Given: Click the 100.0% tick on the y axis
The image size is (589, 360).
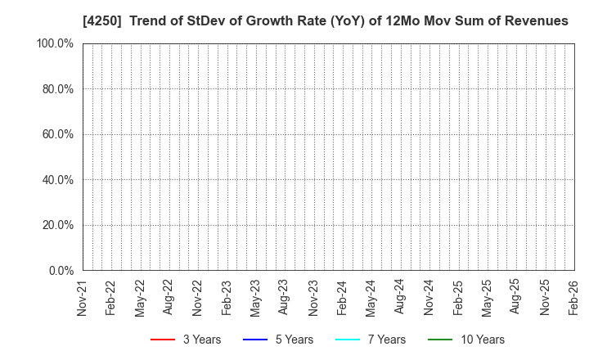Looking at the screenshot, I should tap(55, 43).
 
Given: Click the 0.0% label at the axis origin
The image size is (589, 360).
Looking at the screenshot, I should tap(60, 270).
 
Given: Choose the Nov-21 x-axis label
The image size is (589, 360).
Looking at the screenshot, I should tap(82, 297).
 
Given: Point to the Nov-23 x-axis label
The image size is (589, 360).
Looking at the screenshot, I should tap(313, 297).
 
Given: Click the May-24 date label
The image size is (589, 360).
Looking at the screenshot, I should tap(371, 297).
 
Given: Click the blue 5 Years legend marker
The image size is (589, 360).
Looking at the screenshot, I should tap(256, 340).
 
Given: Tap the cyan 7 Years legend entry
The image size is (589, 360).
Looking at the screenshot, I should tap(347, 340).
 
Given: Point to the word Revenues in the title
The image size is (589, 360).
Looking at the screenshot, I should tap(535, 20).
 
